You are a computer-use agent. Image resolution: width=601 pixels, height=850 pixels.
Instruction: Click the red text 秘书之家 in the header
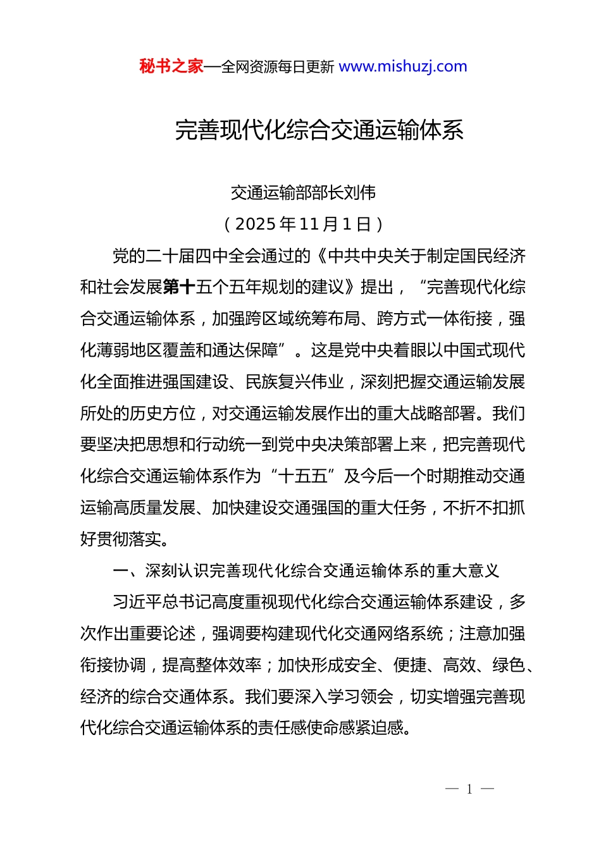(x=171, y=66)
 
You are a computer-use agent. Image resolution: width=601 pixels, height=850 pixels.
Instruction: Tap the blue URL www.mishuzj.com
(x=403, y=66)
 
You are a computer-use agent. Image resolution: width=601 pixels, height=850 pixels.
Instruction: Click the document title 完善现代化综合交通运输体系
(x=319, y=130)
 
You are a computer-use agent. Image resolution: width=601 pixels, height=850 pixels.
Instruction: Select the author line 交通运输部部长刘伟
(x=303, y=192)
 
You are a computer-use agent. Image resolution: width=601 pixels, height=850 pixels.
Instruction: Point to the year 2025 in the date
(x=255, y=224)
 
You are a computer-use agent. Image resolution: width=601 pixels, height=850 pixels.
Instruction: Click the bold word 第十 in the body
(x=179, y=287)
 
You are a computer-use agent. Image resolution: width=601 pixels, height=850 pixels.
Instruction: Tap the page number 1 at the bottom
(x=469, y=789)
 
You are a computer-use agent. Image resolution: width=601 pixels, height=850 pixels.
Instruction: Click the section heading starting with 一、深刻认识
(x=306, y=571)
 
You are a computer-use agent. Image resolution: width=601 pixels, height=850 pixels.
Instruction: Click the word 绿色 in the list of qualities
(x=508, y=665)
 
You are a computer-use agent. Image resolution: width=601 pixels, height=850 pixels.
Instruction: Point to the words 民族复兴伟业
(x=294, y=382)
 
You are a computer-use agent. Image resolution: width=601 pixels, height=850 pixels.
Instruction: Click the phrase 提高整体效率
(x=212, y=665)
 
